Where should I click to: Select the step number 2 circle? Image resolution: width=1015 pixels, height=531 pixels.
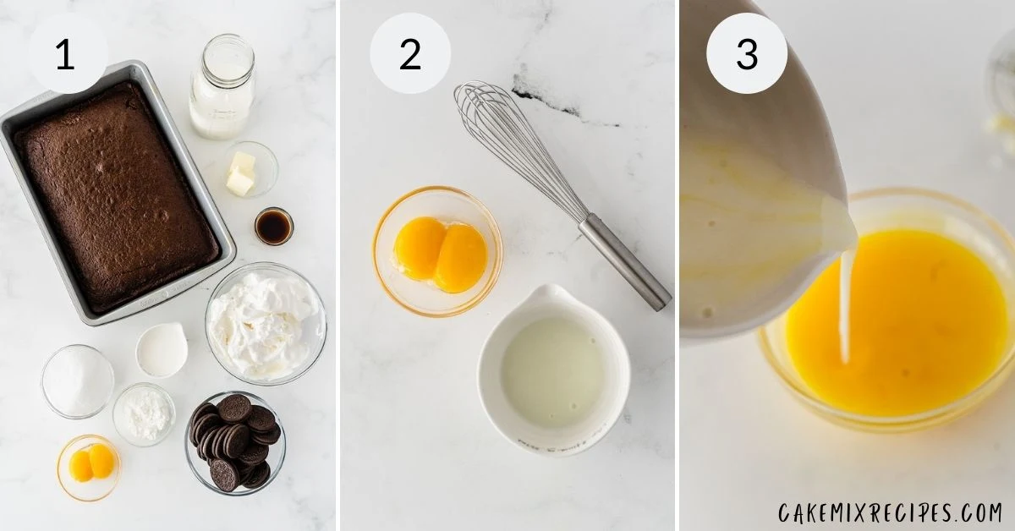(410, 53)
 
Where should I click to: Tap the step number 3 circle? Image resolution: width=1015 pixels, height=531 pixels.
(747, 53)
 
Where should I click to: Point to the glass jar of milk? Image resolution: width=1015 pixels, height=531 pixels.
(222, 86)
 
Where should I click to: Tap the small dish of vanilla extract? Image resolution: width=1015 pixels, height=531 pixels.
(274, 226)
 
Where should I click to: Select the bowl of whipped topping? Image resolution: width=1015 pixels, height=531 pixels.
(266, 324)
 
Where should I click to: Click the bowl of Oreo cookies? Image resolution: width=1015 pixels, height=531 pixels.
(235, 443)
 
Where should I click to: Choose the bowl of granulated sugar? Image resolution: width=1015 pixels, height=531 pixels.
(78, 381)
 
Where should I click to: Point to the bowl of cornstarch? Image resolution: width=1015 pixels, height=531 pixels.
(144, 414)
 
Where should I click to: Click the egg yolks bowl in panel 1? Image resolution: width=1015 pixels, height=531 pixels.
(89, 468)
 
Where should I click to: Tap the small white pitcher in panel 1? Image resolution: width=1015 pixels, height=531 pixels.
(162, 350)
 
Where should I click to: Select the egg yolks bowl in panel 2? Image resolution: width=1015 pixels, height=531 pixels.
(437, 251)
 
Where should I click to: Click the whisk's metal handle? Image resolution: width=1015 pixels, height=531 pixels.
(625, 262)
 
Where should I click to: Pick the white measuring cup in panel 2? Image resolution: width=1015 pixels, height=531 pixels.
(554, 370)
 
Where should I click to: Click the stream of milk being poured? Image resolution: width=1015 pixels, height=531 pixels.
(845, 306)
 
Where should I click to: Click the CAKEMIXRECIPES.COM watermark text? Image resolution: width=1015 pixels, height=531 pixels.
(891, 513)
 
